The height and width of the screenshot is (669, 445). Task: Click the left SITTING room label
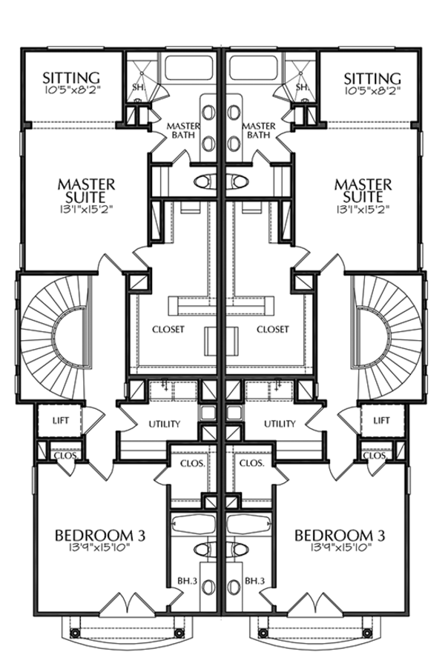pos(71,78)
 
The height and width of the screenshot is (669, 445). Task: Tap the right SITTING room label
pos(372,79)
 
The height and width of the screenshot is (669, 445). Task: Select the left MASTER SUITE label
pos(86,190)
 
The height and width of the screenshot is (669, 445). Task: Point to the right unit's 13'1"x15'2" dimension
pos(363,210)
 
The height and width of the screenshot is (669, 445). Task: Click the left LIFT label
pos(60,421)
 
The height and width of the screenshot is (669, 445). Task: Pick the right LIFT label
pos(381,421)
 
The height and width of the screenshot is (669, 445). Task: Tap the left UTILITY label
pos(165,424)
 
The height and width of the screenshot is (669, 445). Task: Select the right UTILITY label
pos(280,424)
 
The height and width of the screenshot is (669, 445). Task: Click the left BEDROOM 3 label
pos(100,535)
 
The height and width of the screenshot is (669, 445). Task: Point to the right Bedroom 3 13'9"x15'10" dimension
pos(340,547)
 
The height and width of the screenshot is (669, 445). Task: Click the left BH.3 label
pos(187,581)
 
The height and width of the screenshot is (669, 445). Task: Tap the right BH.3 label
pos(255,581)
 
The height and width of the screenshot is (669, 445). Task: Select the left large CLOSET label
pos(168,330)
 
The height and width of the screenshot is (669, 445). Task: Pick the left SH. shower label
pos(137,87)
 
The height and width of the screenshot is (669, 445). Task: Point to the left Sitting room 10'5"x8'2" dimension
pos(71,90)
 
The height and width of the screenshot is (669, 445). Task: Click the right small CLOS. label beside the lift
pos(375,456)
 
